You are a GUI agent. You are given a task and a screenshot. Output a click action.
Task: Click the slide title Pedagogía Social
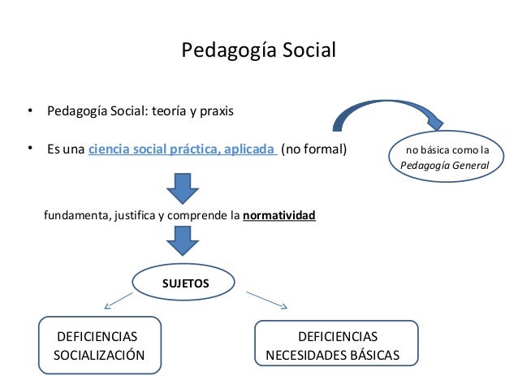click(x=258, y=51)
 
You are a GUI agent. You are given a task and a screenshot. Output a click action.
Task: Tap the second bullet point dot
click(x=28, y=149)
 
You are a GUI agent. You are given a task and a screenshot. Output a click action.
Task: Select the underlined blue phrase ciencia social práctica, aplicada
click(x=183, y=149)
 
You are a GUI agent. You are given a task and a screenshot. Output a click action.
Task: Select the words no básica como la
click(x=447, y=150)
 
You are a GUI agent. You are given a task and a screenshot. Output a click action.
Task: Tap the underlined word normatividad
click(x=279, y=217)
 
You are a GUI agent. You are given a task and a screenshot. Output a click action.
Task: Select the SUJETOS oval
click(x=186, y=283)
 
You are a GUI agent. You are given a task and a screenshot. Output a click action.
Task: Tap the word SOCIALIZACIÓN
click(x=99, y=355)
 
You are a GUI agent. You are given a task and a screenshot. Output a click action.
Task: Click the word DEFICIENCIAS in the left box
click(x=95, y=336)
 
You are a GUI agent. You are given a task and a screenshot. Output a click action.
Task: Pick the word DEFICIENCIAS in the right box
click(x=338, y=336)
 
